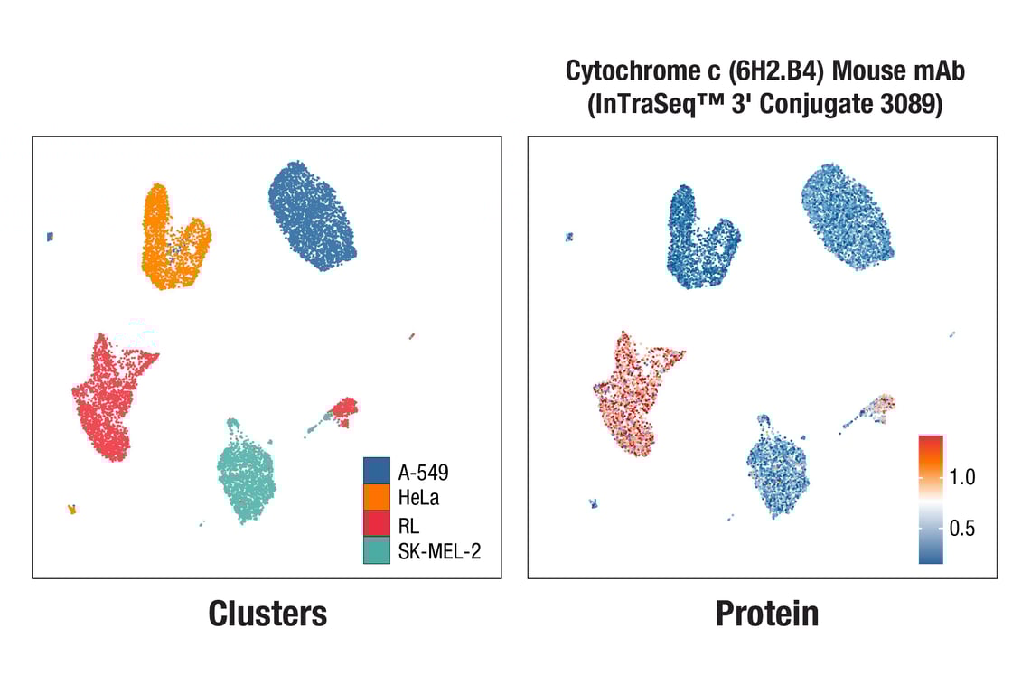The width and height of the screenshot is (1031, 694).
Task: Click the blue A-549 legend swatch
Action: [x=376, y=471]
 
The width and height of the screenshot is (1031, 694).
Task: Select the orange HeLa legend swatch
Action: [x=376, y=497]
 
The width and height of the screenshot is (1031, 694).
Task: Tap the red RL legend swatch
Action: [x=376, y=523]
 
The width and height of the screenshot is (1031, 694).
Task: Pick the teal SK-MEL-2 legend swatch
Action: [x=376, y=549]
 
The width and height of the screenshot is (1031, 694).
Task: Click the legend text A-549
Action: [x=423, y=471]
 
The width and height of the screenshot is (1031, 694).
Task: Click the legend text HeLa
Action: [x=418, y=497]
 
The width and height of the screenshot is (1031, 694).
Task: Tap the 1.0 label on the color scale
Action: [x=962, y=478]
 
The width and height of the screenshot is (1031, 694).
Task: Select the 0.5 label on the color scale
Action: [x=962, y=529]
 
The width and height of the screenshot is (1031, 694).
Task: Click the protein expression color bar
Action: [x=931, y=500]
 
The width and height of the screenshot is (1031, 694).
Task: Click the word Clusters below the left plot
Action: [x=267, y=614]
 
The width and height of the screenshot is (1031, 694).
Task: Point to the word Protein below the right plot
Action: [x=767, y=614]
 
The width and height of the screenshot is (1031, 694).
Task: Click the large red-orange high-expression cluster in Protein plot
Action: [x=633, y=393]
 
